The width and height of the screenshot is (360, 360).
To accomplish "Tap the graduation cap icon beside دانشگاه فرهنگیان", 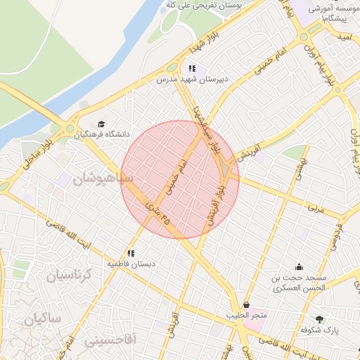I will click(101, 124).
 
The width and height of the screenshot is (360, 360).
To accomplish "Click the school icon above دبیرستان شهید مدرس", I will click(191, 69).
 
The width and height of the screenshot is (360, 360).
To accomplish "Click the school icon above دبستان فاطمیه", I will click(130, 252).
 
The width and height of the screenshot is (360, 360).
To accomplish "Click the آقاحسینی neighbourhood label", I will click(113, 340).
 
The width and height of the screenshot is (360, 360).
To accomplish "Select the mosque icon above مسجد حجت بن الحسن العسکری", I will click(300, 266).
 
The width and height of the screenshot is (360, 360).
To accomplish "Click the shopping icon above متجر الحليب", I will click(246, 305).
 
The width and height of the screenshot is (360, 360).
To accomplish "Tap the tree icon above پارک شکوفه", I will click(321, 319).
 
